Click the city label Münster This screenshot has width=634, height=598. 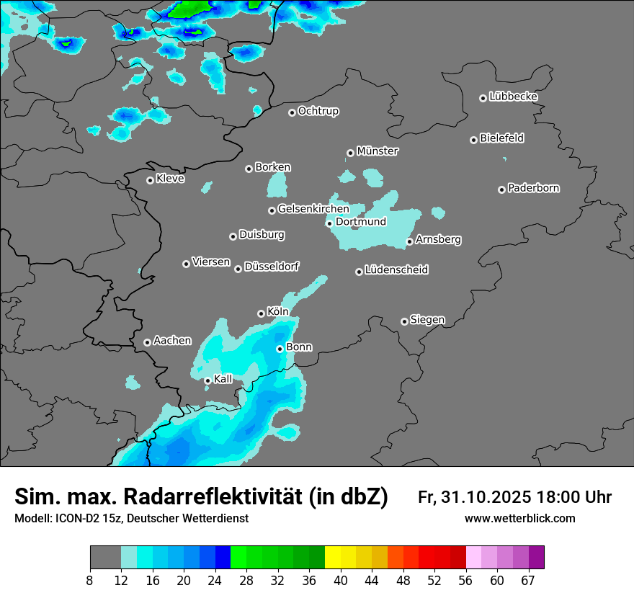378,151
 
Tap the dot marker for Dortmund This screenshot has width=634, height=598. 329,223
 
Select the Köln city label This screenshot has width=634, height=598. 277,312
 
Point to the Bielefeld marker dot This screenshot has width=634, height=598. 473,140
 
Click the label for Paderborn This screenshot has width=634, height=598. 533,188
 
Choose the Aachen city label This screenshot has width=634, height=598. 172,341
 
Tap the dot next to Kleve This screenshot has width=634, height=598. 150,180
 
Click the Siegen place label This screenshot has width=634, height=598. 427,320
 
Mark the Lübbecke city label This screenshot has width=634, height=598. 513,97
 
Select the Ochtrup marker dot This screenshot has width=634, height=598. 292,112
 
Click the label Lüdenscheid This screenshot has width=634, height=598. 396,270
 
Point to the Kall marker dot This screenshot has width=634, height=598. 207,380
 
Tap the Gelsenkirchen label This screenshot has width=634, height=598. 313,209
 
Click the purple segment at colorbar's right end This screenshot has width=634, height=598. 536,558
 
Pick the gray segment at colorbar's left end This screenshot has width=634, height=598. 105,558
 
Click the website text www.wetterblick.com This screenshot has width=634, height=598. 519,519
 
